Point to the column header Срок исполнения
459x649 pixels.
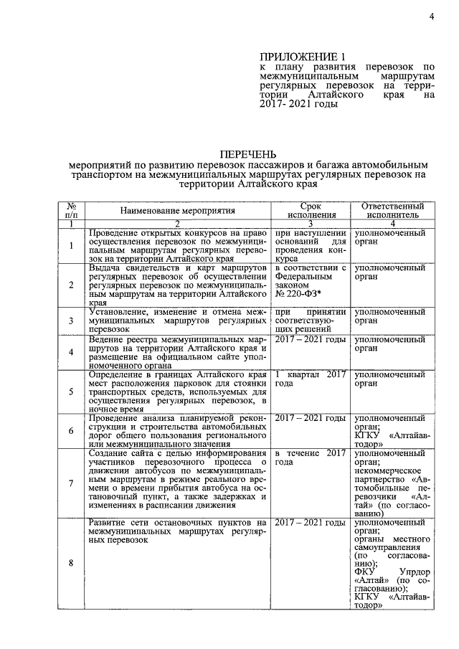tap(311, 209)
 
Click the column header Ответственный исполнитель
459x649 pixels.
tap(388, 209)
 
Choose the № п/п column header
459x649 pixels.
tap(71, 209)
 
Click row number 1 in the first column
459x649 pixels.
tap(71, 247)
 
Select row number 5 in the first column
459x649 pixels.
tap(71, 392)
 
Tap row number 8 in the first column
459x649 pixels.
tap(71, 563)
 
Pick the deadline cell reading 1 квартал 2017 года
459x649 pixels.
tap(311, 379)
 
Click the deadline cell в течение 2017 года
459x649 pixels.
tap(311, 458)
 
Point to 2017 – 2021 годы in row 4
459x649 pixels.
tap(311, 338)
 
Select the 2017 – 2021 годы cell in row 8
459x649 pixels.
tap(311, 523)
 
